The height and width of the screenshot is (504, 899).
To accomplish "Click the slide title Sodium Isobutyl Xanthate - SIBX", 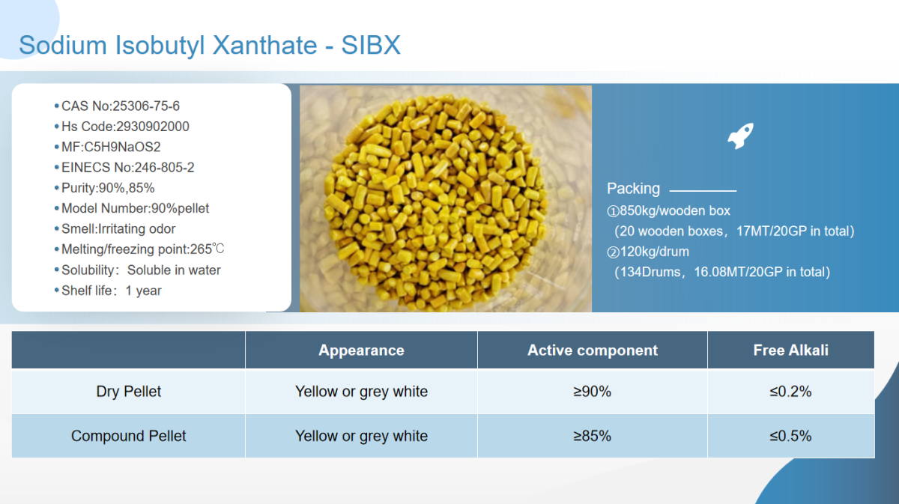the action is point(210,45).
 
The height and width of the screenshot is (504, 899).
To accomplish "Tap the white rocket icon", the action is point(740,136).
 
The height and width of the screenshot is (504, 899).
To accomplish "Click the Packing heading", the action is point(633,189).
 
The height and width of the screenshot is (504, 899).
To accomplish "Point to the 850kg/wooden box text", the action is point(675,210).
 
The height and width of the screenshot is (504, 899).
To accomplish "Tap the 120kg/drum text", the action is point(654,252).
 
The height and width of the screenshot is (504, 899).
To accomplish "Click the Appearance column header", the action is point(361,350).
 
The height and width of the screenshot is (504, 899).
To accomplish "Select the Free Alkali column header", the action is point(790,350).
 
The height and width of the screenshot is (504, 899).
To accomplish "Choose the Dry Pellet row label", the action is point(128,392).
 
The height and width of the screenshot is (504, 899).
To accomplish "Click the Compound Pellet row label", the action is point(128,436).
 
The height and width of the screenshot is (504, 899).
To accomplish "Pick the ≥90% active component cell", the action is point(592,392).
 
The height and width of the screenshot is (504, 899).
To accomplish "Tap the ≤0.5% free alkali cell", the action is point(790,436).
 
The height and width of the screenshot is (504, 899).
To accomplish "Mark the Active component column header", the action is point(593,350).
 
